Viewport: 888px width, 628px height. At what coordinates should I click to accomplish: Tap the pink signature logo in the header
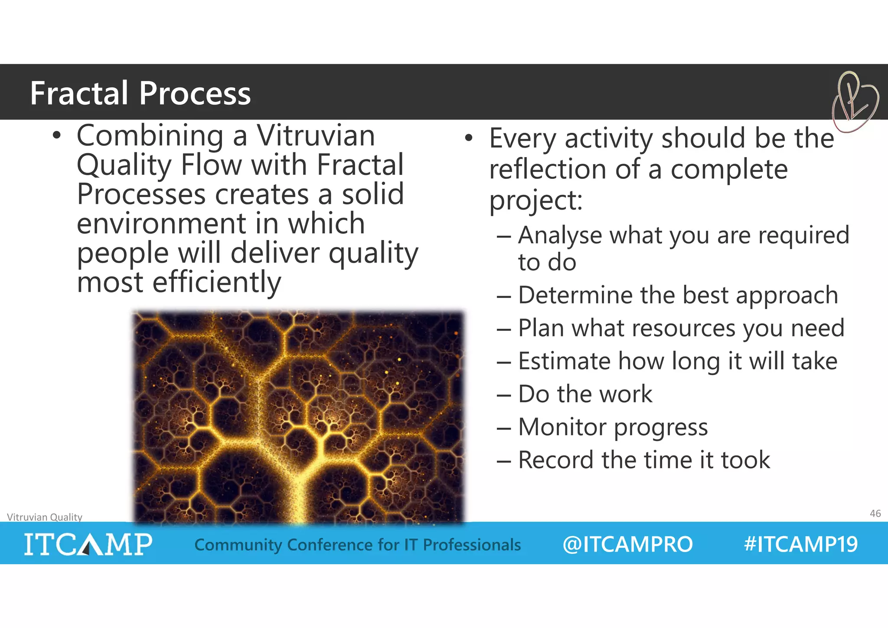click(854, 102)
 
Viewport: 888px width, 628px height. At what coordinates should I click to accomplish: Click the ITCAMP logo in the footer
click(88, 544)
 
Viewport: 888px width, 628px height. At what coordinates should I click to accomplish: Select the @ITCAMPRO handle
click(627, 544)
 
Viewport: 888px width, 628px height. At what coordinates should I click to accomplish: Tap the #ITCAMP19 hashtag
click(800, 544)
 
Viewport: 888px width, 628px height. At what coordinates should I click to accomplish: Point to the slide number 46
click(875, 513)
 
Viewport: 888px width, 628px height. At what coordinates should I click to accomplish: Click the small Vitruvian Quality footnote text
click(45, 517)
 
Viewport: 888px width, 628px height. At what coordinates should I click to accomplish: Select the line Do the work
click(585, 394)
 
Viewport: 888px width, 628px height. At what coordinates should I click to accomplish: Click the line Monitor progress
click(613, 427)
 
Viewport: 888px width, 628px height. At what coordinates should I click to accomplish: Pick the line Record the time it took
click(644, 460)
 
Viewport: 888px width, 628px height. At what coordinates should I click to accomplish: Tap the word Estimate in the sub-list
click(564, 361)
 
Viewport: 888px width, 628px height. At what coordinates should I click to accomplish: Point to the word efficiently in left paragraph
click(217, 282)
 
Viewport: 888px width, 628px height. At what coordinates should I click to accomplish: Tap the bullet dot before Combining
click(56, 136)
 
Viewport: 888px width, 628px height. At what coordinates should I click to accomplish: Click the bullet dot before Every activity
click(469, 138)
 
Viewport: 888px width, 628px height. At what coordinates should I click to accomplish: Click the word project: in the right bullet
click(536, 201)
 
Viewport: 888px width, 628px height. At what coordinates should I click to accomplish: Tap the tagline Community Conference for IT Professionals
click(357, 545)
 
